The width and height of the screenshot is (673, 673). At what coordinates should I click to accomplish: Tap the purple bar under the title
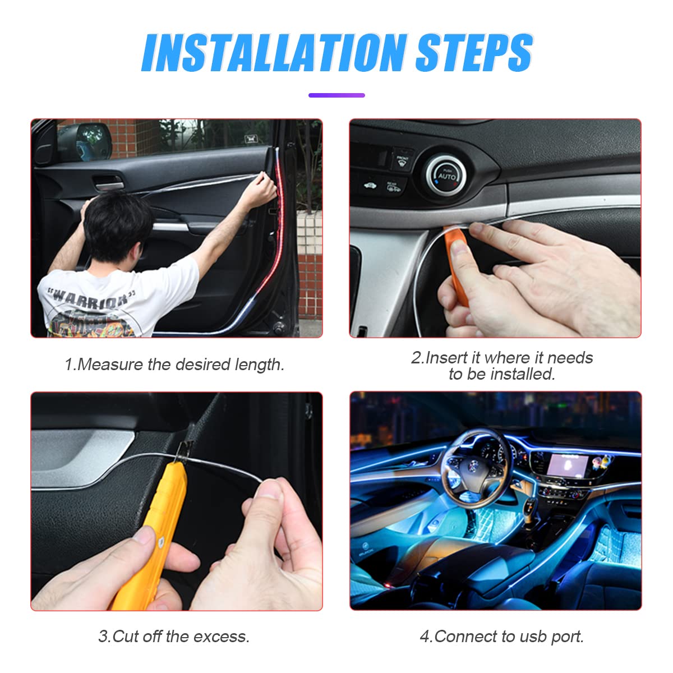pyautogui.click(x=336, y=95)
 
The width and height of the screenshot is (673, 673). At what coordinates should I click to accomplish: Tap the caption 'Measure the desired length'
pyautogui.click(x=174, y=365)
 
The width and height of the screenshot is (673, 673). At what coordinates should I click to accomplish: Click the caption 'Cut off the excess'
pyautogui.click(x=174, y=637)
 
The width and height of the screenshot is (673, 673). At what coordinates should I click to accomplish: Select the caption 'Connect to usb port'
pyautogui.click(x=502, y=637)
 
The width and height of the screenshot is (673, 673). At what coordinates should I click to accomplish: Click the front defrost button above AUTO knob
pyautogui.click(x=403, y=159)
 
